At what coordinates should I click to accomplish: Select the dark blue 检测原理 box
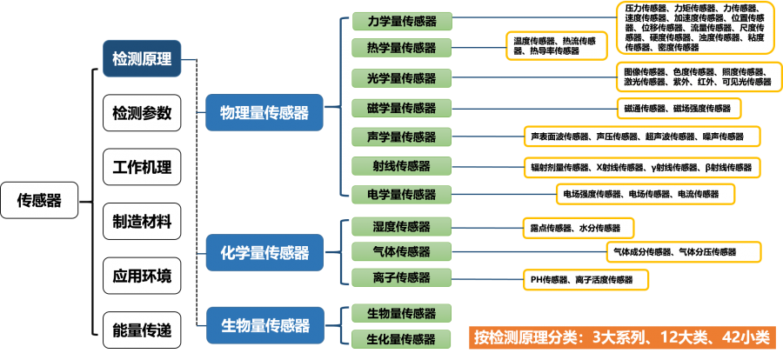[142, 59]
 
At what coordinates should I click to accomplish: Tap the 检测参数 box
[142, 113]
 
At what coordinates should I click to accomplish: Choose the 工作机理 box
[142, 167]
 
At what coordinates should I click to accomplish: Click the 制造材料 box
[142, 221]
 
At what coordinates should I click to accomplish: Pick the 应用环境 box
[142, 277]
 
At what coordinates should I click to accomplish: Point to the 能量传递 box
[142, 330]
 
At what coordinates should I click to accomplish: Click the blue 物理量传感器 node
[264, 113]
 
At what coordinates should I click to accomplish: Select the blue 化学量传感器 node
[264, 253]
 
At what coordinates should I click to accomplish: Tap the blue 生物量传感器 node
[264, 325]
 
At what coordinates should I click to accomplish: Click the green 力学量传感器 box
[402, 22]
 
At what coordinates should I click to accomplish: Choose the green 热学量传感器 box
[402, 48]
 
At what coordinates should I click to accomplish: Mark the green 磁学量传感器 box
[402, 108]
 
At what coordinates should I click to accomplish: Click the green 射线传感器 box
[402, 165]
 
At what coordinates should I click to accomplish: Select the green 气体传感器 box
[402, 252]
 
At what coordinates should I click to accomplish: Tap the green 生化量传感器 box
[402, 339]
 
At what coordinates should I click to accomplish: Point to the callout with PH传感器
[587, 280]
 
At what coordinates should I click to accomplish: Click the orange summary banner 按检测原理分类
[622, 337]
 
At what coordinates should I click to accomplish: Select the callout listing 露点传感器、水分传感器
[577, 228]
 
